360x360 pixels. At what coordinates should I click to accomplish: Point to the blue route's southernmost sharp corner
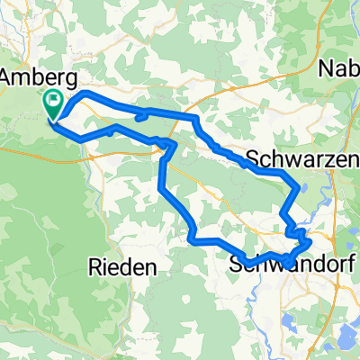click(194, 238)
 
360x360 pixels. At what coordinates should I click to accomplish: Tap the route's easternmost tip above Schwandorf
click(310, 240)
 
